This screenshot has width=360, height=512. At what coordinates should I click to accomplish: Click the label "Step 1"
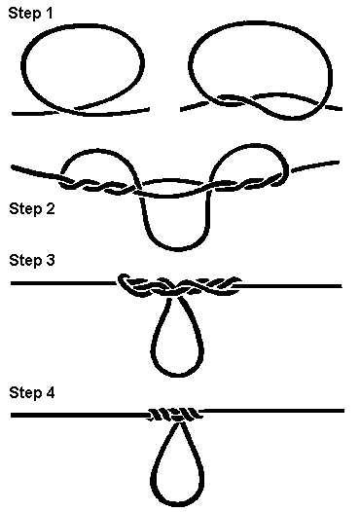[x=30, y=14]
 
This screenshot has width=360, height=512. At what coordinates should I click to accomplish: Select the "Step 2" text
[x=32, y=209]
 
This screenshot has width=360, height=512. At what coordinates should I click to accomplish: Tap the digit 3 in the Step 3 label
[x=50, y=260]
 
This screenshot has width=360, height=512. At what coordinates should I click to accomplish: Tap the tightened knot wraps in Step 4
[x=174, y=415]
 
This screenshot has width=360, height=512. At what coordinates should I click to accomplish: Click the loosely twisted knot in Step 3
[x=179, y=286]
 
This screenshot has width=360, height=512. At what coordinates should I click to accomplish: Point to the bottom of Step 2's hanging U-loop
[x=177, y=249]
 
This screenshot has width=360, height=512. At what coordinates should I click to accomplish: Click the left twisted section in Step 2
[x=98, y=186]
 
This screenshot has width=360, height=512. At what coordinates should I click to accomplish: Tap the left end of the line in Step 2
[x=13, y=167]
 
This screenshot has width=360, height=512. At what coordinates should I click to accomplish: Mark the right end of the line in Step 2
[x=338, y=162]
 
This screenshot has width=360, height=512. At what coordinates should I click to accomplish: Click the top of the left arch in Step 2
[x=98, y=151]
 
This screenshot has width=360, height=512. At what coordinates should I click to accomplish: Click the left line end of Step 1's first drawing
[x=14, y=114]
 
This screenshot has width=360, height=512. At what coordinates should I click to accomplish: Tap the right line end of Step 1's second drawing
[x=341, y=109]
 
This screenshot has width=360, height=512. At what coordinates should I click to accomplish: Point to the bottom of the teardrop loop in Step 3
[x=178, y=375]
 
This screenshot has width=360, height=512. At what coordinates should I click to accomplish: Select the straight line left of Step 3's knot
[x=64, y=283]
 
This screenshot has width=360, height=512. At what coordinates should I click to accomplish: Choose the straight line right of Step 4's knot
[x=273, y=411]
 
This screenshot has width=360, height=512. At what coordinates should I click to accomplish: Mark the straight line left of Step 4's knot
[x=80, y=416]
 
